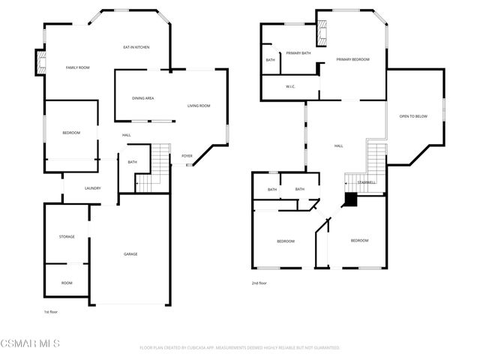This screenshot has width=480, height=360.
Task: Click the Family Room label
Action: (77, 68)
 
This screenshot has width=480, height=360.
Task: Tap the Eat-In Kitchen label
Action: (136, 47)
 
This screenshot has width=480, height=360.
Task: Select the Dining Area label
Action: (142, 98)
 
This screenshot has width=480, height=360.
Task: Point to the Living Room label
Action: (199, 106)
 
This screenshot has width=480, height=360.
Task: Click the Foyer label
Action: (187, 156)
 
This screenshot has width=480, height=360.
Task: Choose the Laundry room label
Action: (92, 188)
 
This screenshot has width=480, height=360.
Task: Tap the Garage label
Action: (130, 254)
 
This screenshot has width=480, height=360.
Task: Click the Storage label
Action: (67, 237)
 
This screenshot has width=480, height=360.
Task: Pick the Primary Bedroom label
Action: (352, 59)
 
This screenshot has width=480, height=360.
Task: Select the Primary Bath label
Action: (298, 52)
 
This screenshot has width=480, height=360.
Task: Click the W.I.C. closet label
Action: (291, 87)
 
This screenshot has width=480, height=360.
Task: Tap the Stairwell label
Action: (366, 182)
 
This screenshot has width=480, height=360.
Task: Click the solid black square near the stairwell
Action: (350, 199)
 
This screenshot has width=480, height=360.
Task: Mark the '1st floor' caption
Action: (51, 310)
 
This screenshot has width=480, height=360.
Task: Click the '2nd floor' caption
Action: (259, 283)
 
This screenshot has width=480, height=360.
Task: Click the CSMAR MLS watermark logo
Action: (30, 343)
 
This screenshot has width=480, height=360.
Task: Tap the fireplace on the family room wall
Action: (39, 62)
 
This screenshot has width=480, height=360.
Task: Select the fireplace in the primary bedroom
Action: (323, 34)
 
